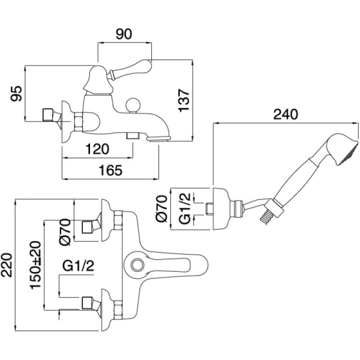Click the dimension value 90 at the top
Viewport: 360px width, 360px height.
pos(124,35)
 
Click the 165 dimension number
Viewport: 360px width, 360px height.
pos(111,170)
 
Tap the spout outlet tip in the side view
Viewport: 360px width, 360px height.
pos(160,139)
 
